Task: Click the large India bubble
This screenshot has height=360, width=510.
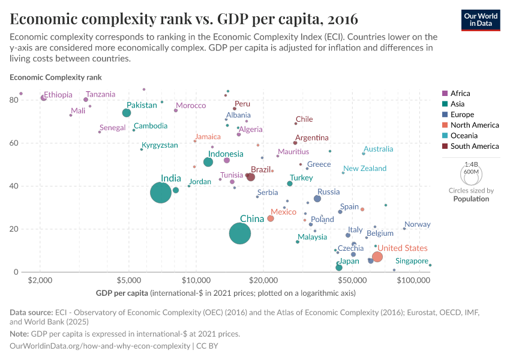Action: click(x=160, y=193)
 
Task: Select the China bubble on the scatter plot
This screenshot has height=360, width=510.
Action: click(x=240, y=233)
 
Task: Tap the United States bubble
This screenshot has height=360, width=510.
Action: click(x=377, y=257)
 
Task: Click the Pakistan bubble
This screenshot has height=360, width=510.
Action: click(x=127, y=113)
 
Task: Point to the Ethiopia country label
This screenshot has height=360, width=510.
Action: click(x=58, y=95)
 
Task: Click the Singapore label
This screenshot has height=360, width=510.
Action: click(x=412, y=261)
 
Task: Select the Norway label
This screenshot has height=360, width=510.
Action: click(x=418, y=224)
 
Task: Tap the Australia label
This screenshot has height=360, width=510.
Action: click(x=379, y=149)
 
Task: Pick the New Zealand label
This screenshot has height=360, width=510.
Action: click(x=365, y=169)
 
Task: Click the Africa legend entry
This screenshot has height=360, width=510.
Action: click(x=460, y=94)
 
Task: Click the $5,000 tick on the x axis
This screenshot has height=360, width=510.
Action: click(x=128, y=280)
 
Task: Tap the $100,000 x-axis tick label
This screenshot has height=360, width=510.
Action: click(x=413, y=280)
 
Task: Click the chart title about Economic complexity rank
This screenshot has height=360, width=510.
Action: click(x=184, y=19)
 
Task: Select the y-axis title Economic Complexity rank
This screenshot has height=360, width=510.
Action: click(x=56, y=77)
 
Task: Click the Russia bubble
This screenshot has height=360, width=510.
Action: click(x=317, y=199)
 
